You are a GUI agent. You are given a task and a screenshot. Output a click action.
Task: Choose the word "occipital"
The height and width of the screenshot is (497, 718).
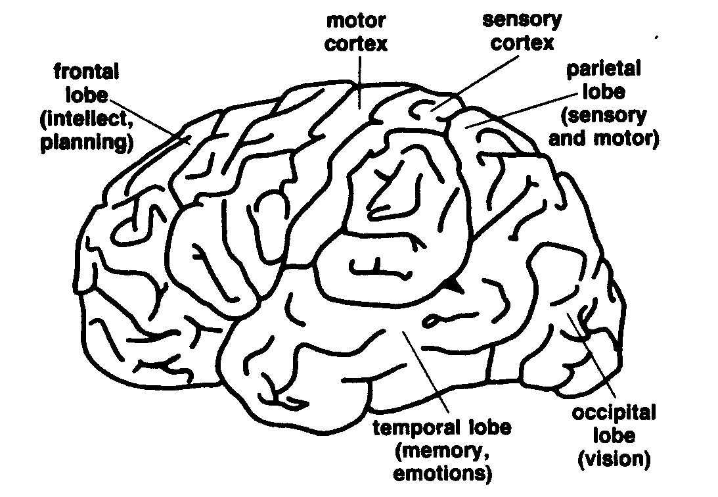click(x=614, y=414)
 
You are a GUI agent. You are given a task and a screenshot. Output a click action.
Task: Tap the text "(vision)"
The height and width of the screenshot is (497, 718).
click(x=614, y=458)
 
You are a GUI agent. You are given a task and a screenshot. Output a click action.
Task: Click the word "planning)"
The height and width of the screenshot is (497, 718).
click(x=83, y=142)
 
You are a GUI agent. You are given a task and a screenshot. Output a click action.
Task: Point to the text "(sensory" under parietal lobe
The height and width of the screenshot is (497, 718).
click(x=604, y=116)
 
